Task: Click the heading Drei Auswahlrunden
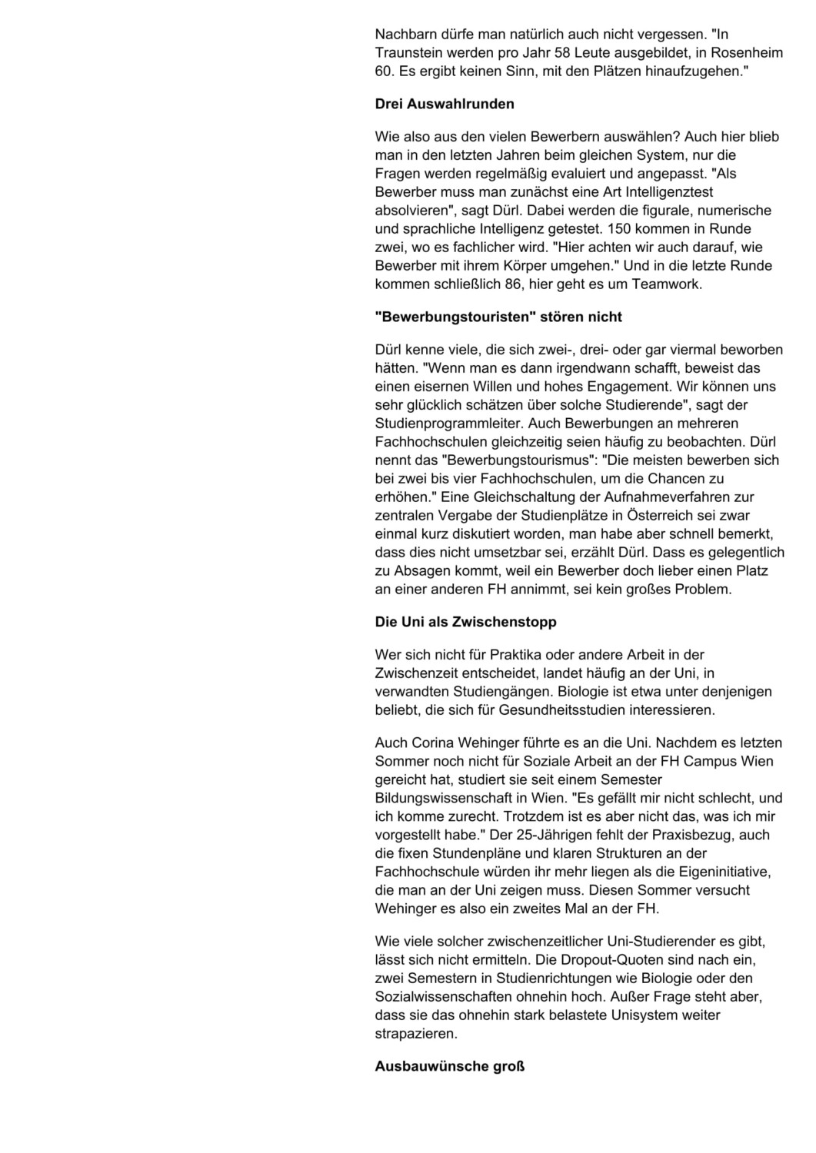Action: click(445, 104)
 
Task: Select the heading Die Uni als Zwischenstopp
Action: click(465, 622)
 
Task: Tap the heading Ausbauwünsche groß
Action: click(450, 1066)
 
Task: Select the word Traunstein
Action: click(408, 53)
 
